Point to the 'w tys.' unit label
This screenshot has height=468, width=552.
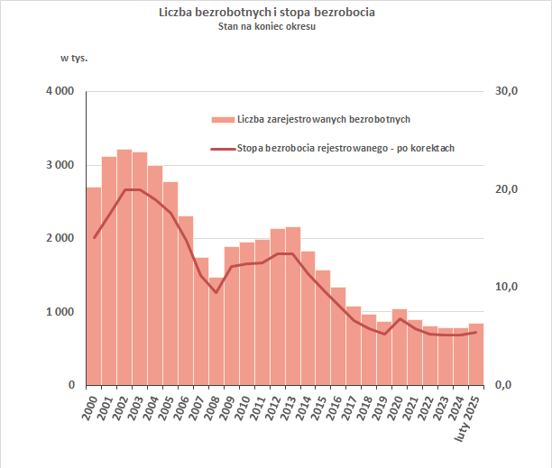pyautogui.click(x=74, y=59)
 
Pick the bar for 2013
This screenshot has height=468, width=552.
pyautogui.click(x=293, y=306)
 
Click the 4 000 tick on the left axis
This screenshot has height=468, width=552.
pyautogui.click(x=62, y=92)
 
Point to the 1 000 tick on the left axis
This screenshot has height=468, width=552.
pyautogui.click(x=62, y=312)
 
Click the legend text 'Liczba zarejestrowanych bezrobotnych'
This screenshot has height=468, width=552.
pyautogui.click(x=325, y=119)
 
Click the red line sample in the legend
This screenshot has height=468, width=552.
pyautogui.click(x=222, y=149)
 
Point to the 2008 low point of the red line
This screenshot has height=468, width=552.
pyautogui.click(x=216, y=292)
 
